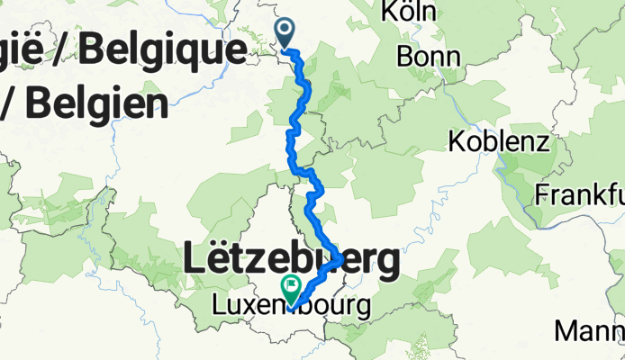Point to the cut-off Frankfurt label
(x=579, y=194)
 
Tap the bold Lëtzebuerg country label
(x=292, y=261)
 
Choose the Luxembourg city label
(x=290, y=306)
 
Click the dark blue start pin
(x=285, y=33)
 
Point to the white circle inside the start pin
(x=285, y=30)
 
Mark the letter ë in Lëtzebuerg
(x=223, y=261)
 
